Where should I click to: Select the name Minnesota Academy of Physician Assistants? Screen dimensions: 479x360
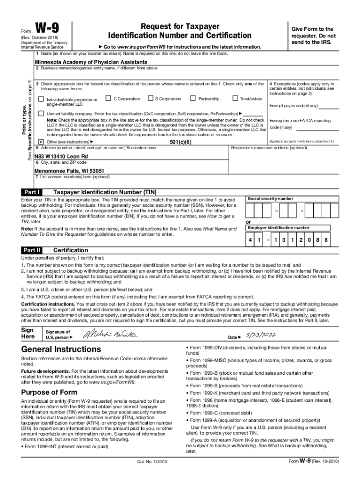[x=91, y=62]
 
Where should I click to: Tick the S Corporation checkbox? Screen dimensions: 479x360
[x=150, y=99]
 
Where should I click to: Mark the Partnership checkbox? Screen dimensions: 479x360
[x=193, y=99]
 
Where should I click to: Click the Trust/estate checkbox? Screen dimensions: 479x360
[x=235, y=99]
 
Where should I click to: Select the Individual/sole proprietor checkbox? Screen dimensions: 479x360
[x=41, y=100]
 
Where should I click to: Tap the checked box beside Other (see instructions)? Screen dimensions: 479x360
[x=41, y=141]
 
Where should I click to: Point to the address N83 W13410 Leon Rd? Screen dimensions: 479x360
[x=61, y=156]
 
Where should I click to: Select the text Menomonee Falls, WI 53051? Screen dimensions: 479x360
[x=69, y=171]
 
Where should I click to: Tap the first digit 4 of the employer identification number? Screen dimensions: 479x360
[x=250, y=240]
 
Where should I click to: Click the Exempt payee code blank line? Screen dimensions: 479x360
[x=328, y=107]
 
